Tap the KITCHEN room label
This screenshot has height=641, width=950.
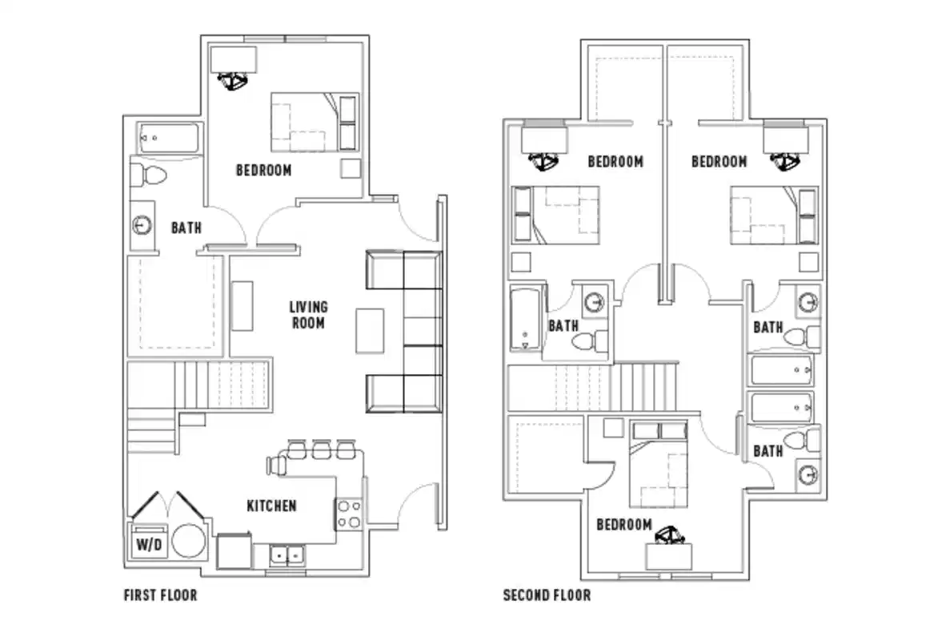(271, 506)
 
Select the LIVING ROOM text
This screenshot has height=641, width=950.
(308, 315)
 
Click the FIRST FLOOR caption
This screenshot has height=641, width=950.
(160, 595)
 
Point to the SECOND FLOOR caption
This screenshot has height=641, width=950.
(547, 595)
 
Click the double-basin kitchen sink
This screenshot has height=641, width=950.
(286, 554)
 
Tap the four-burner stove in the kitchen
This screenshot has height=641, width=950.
(348, 514)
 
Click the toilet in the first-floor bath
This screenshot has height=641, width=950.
(148, 174)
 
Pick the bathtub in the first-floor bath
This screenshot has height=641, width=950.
(166, 139)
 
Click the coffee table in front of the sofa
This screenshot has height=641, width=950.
(369, 329)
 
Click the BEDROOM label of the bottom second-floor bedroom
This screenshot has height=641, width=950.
(623, 525)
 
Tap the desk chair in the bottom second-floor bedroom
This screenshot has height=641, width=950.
(668, 534)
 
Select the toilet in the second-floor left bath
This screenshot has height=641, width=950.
(586, 341)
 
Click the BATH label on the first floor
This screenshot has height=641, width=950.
(186, 228)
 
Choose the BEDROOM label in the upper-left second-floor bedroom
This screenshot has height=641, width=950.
(615, 162)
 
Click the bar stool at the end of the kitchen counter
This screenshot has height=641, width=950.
(276, 463)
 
